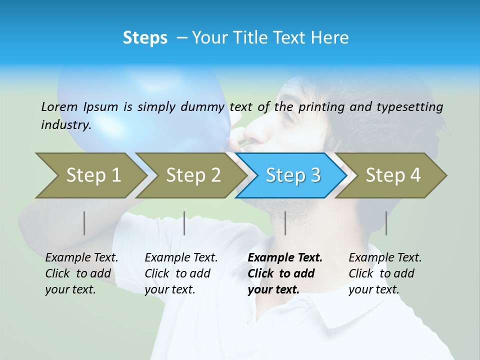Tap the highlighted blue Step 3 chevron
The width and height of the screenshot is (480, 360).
click(292, 175)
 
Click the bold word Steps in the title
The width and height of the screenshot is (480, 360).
click(145, 38)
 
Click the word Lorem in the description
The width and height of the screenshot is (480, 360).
click(59, 106)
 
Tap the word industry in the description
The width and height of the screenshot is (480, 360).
click(65, 125)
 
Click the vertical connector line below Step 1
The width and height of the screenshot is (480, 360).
click(84, 223)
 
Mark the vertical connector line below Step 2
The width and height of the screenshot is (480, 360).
click(184, 223)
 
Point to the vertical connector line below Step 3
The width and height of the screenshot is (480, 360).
click(285, 223)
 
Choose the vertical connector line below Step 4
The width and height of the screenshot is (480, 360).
click(386, 223)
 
